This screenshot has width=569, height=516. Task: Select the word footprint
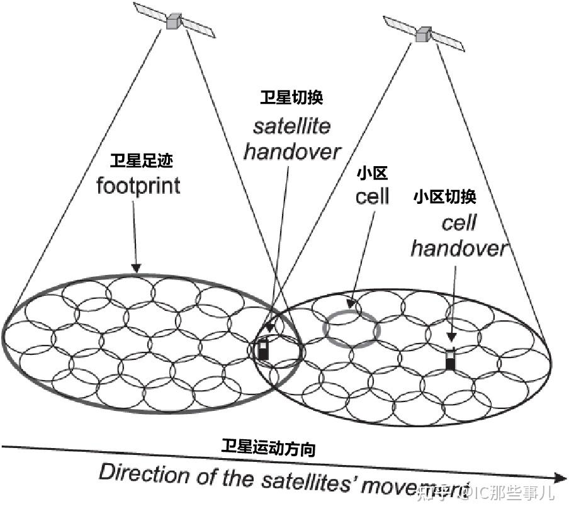click(x=138, y=186)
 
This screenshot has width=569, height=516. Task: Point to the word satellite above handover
click(x=291, y=126)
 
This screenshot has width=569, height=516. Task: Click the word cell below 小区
click(x=372, y=196)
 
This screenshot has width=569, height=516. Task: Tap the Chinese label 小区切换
click(x=444, y=196)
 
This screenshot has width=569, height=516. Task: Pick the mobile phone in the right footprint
click(x=450, y=358)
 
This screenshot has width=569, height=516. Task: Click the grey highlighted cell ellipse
click(x=351, y=329)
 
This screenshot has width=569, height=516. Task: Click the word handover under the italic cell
click(x=458, y=248)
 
